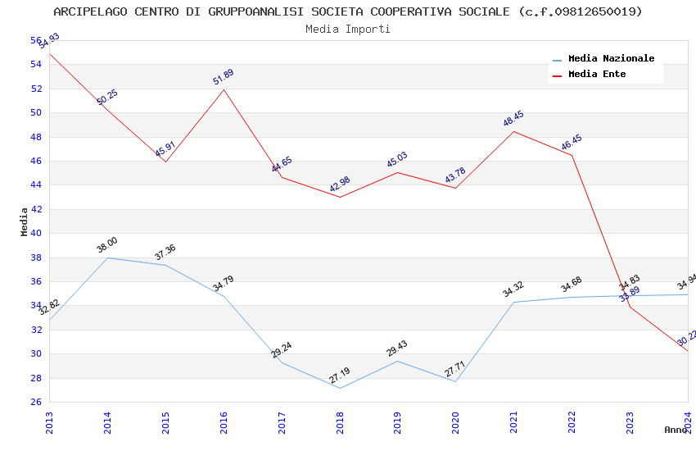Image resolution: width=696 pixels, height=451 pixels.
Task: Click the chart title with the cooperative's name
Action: [x=348, y=11]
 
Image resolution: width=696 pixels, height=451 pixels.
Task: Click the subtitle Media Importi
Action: [x=348, y=29]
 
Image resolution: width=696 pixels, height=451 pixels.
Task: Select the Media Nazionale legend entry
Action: [x=611, y=59]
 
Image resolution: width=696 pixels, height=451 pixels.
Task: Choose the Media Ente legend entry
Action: [x=597, y=74]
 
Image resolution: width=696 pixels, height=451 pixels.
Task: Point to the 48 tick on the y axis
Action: [x=36, y=137]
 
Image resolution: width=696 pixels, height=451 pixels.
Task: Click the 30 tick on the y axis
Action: [x=36, y=354]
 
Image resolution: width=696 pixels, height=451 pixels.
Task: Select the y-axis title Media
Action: [x=25, y=221]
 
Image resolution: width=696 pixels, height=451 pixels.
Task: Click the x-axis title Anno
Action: [x=676, y=430]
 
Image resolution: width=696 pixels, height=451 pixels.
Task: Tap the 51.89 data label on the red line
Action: [x=223, y=77]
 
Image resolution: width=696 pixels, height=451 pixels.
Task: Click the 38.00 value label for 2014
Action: [x=107, y=245]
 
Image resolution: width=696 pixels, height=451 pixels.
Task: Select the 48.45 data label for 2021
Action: [x=513, y=119]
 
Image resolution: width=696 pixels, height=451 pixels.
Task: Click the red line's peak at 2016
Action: [x=224, y=89]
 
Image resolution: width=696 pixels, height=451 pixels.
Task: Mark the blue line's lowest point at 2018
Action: [x=340, y=388]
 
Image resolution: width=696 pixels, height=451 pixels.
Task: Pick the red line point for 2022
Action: [x=572, y=156]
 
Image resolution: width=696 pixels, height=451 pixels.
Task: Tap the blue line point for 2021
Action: [x=513, y=302]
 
